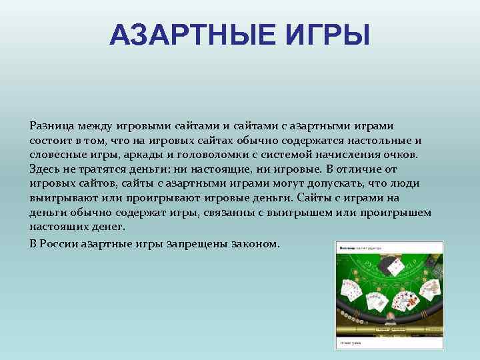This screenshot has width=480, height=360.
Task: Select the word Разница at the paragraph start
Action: (x=49, y=125)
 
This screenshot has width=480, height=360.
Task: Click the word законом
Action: (x=255, y=243)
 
